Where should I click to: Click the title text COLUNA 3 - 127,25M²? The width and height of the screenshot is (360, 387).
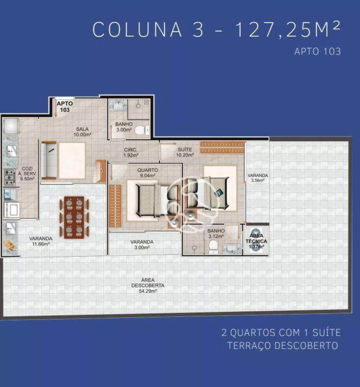click(217, 29)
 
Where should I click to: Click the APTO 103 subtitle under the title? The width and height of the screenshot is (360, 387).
click(317, 51)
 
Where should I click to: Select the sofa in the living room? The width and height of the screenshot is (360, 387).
click(49, 161)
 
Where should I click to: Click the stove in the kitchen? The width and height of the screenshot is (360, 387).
click(10, 177)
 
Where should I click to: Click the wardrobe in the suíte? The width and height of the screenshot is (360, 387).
click(223, 147)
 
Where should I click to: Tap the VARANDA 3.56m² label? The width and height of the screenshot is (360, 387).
click(258, 178)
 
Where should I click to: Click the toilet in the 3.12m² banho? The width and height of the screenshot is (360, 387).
click(213, 247)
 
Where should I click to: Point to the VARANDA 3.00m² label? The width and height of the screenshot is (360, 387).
click(142, 245)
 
